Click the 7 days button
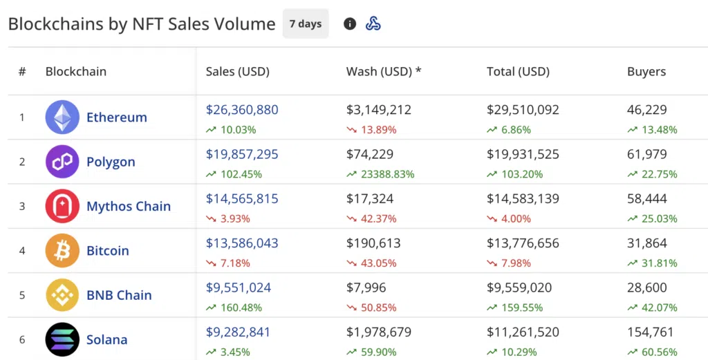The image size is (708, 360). [x=306, y=24]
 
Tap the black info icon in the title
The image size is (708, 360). [x=350, y=24]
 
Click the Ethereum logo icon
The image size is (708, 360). [x=62, y=117]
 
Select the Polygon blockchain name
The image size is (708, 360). [x=111, y=162]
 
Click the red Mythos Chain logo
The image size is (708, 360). [x=62, y=207]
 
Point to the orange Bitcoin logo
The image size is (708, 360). [x=62, y=251]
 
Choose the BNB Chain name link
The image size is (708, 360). [x=119, y=295]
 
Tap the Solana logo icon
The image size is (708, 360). [x=62, y=339]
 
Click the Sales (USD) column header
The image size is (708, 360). [x=237, y=72]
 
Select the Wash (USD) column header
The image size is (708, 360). [x=384, y=72]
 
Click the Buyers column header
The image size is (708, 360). [x=646, y=72]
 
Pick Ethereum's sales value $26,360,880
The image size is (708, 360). [x=242, y=110]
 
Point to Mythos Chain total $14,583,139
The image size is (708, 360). [x=523, y=199]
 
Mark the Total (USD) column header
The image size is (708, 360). [x=518, y=72]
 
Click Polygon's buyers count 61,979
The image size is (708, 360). [x=647, y=154]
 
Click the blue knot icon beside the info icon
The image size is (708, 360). [x=373, y=24]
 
